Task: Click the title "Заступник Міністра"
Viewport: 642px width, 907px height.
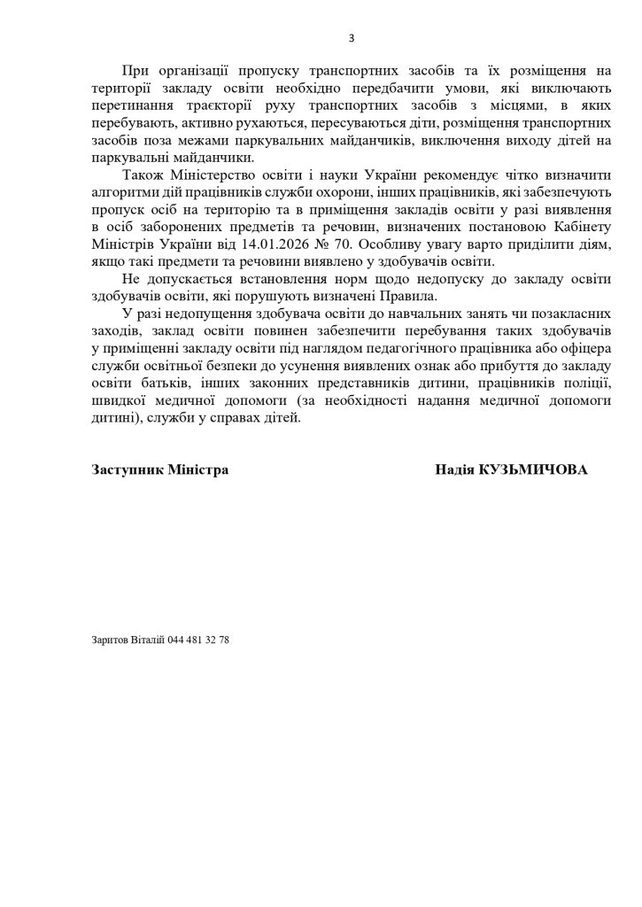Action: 159,469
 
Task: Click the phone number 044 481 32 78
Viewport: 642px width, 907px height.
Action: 199,640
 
